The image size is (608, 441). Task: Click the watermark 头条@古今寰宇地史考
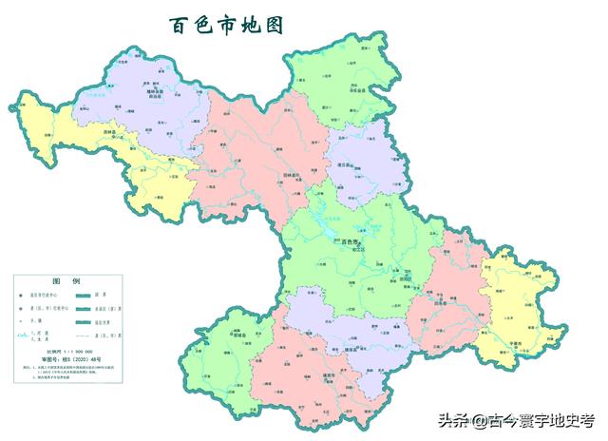tap(514, 419)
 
